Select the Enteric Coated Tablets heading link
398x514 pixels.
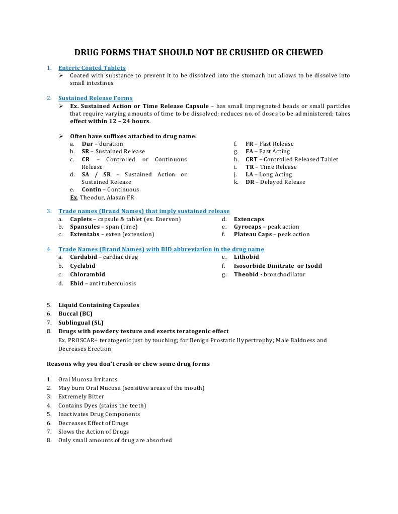pos(92,68)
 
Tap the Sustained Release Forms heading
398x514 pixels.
pos(96,98)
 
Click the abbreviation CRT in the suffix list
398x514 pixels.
pos(252,159)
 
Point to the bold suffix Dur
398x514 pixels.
pos(88,144)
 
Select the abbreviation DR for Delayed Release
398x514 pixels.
pos(250,182)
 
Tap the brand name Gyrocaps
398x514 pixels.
pos(248,227)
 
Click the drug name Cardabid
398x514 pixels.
pos(84,257)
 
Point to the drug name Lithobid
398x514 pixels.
pos(247,257)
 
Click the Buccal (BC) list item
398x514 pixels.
pos(75,314)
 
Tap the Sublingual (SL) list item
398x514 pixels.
pos(81,323)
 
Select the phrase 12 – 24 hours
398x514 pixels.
pos(128,121)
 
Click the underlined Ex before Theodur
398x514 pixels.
pos(73,197)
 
